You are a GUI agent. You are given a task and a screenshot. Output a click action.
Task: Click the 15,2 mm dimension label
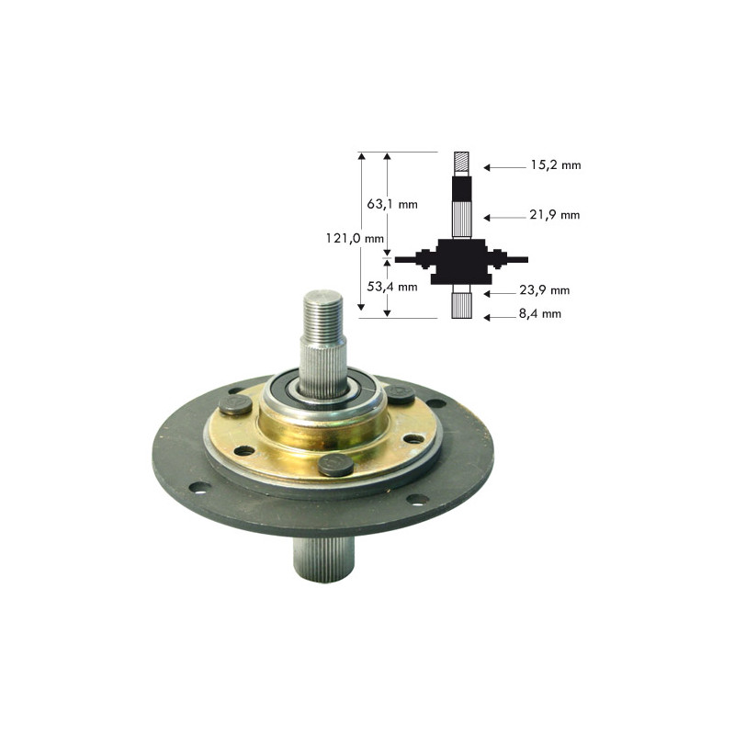(x=556, y=166)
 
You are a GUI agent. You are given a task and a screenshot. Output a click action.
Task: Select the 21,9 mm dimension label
(x=556, y=215)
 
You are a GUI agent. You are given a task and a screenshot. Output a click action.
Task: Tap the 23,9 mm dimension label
(x=545, y=290)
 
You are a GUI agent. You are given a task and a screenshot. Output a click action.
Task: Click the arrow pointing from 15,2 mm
(x=503, y=167)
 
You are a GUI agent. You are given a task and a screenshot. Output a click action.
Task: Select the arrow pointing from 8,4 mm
(x=503, y=317)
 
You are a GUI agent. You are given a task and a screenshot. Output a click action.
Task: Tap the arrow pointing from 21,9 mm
(x=503, y=218)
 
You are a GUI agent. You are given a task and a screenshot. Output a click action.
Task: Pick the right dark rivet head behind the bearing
(x=398, y=393)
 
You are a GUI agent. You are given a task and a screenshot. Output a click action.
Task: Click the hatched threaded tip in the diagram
(x=462, y=164)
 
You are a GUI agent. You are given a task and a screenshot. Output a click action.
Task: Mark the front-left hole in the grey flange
(x=196, y=488)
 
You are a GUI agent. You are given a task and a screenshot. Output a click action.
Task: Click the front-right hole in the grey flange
(x=417, y=500)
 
